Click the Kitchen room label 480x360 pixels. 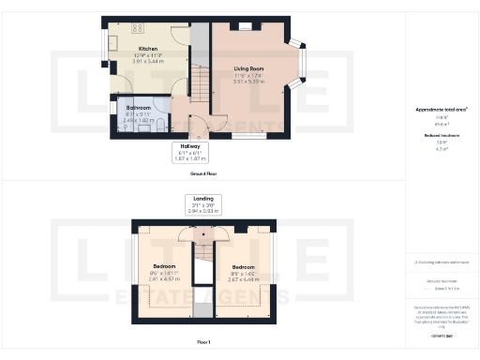coord(147,48)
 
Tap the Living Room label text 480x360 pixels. coord(248,69)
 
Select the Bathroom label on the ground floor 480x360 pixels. coord(138,108)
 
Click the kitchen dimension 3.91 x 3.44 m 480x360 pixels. coord(147,60)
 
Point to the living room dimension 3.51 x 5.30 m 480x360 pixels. coord(248,82)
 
